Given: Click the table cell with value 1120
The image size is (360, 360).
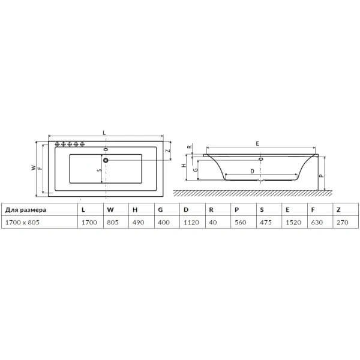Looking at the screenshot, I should pyautogui.click(x=190, y=222).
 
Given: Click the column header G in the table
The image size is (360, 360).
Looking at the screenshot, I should pyautogui.click(x=160, y=210).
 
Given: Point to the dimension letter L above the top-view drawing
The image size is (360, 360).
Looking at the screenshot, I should pyautogui.click(x=104, y=131).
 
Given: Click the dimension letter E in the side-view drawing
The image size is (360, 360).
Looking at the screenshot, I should pyautogui.click(x=257, y=144).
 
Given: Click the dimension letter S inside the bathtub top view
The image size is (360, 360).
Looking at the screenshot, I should pyautogui.click(x=99, y=170).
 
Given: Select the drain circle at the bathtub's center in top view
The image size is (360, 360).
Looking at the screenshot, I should pyautogui.click(x=106, y=160).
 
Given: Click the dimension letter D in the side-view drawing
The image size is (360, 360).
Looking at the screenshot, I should pyautogui.click(x=252, y=171).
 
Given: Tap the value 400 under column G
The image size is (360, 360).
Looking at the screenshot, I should pyautogui.click(x=163, y=222).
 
